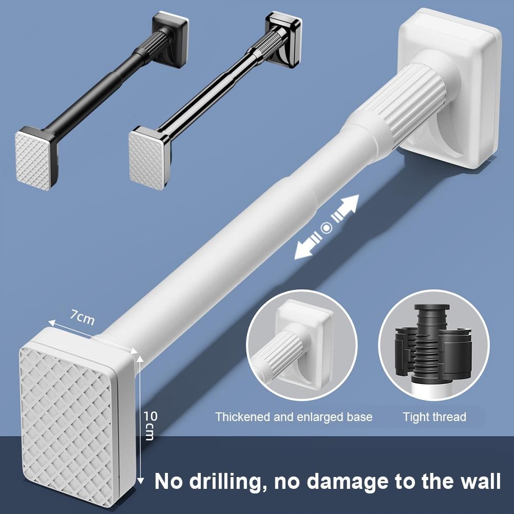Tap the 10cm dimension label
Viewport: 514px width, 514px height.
click(149, 425)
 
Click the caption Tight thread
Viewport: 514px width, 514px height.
click(434, 417)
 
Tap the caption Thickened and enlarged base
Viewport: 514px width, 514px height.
click(294, 417)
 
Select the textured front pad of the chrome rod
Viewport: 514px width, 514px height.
click(146, 159)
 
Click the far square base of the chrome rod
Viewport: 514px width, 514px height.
click(283, 41)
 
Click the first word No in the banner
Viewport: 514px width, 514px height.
click(169, 483)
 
